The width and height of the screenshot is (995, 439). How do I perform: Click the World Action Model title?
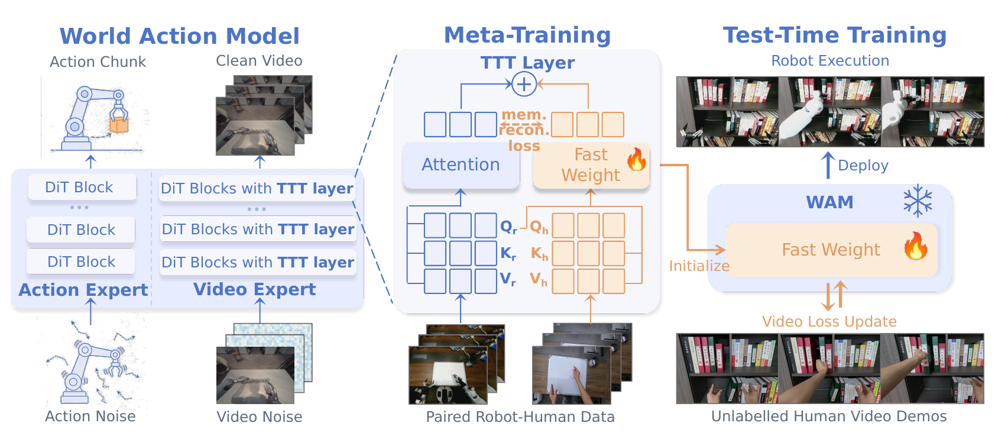coord(180,36)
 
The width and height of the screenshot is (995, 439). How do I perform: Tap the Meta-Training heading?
coord(527,35)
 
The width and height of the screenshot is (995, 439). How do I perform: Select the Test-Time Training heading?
coord(835,35)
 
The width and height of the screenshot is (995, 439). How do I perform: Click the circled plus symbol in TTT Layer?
coord(524,84)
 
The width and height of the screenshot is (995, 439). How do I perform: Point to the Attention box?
coord(461,165)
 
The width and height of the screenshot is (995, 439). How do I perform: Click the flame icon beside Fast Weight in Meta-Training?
coord(637,160)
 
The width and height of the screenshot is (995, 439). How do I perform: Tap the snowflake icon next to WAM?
coord(918,202)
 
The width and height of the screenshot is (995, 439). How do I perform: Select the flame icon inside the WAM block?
coord(916,246)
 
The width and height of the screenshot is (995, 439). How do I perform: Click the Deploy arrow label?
coord(863,165)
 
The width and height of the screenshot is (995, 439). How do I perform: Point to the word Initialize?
coord(699,266)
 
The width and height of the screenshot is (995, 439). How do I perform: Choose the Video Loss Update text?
coord(829,321)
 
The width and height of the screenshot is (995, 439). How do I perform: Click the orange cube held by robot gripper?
coord(119,125)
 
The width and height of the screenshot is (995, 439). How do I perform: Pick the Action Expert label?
coord(83,290)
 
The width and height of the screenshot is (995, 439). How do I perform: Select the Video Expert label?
coord(255,289)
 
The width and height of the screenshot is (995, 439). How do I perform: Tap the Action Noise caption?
coord(90,417)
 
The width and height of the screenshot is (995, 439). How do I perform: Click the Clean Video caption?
coord(259,60)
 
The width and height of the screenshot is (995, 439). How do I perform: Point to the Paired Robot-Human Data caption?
coord(520,417)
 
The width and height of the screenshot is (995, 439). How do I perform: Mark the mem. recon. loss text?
coord(524,130)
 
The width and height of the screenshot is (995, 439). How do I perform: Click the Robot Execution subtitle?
coord(830,60)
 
